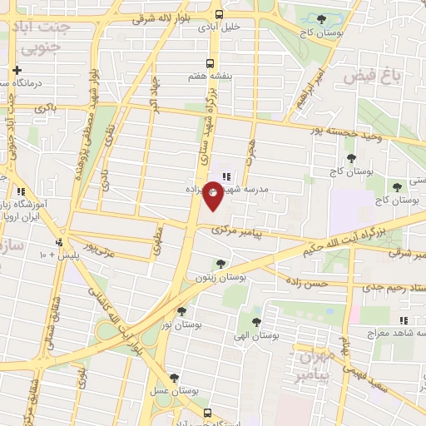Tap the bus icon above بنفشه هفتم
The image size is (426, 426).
tap(210, 62)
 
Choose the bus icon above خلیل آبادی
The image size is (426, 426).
tap(220, 14)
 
